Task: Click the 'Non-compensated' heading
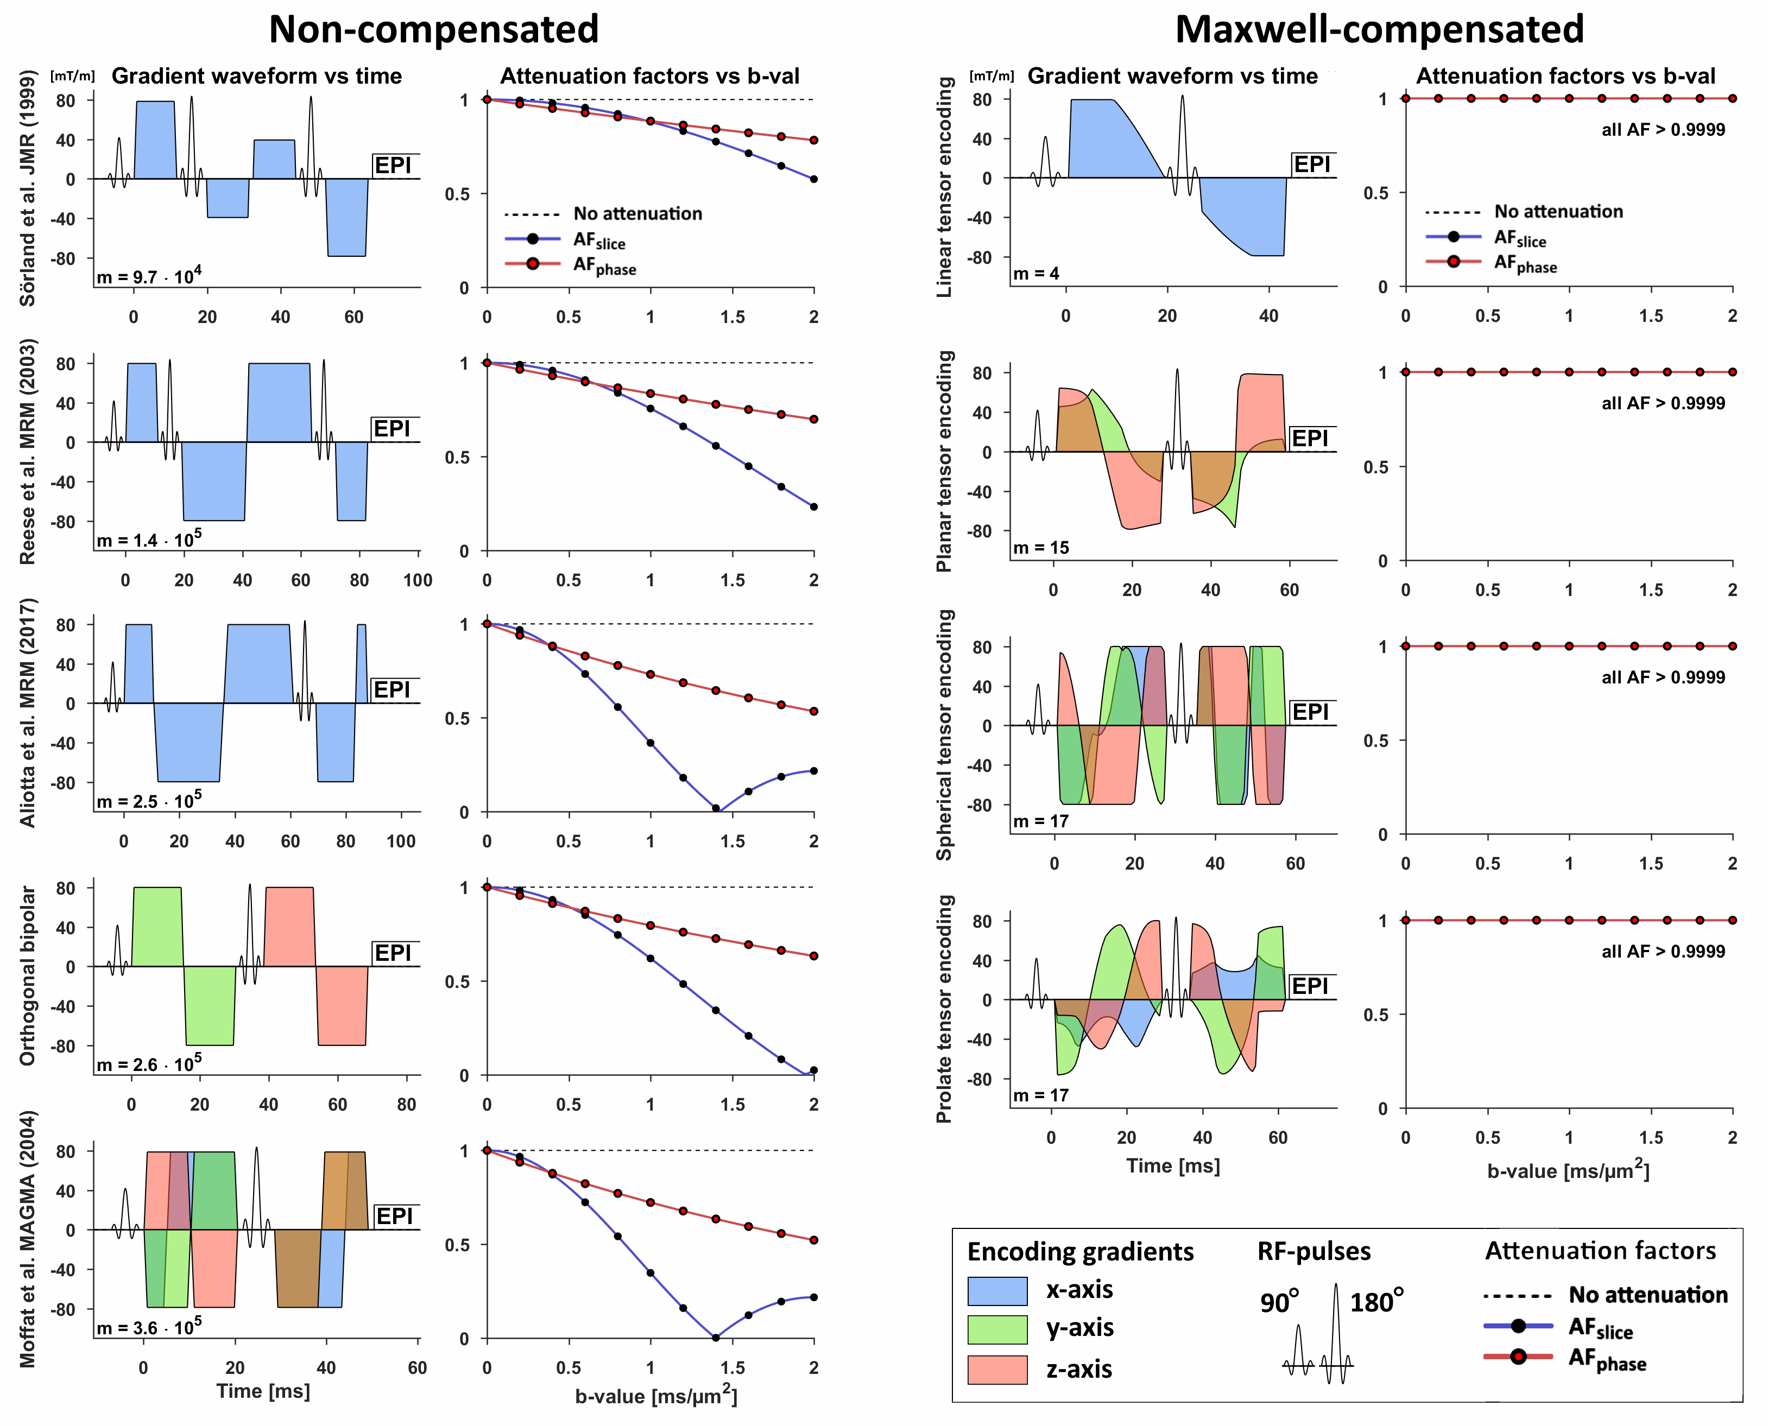coord(434,29)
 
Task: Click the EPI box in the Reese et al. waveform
coord(393,429)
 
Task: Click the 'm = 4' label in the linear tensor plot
coord(1036,274)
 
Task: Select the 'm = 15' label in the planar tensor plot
coord(1041,547)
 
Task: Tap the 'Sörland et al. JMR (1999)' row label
coord(28,189)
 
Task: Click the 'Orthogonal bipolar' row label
coord(28,975)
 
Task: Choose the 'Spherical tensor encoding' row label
coord(945,734)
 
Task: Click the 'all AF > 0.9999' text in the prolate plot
coord(1663,951)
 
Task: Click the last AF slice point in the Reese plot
coord(813,507)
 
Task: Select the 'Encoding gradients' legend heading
coord(1079,1251)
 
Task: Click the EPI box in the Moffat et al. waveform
coord(394,1216)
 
